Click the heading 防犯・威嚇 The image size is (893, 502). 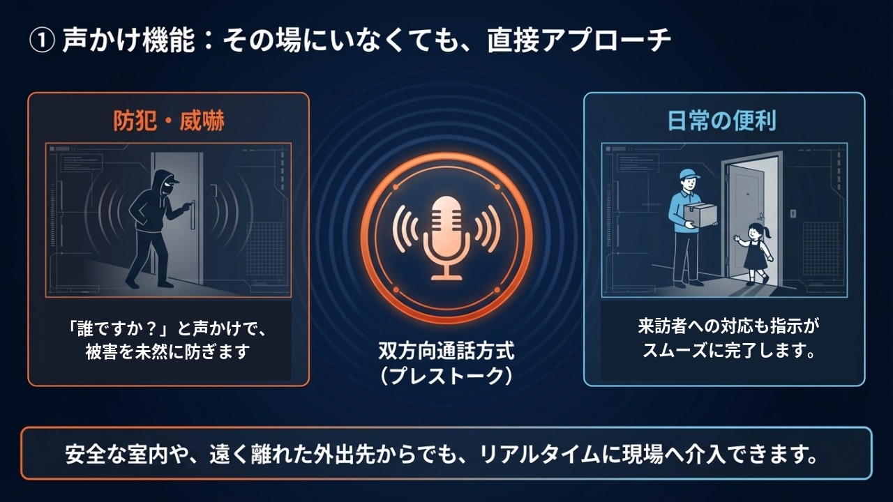pyautogui.click(x=169, y=121)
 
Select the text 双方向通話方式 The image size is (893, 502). pyautogui.click(x=446, y=349)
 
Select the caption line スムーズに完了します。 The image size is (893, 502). pyautogui.click(x=730, y=351)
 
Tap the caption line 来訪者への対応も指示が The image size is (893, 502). pyautogui.click(x=730, y=326)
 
